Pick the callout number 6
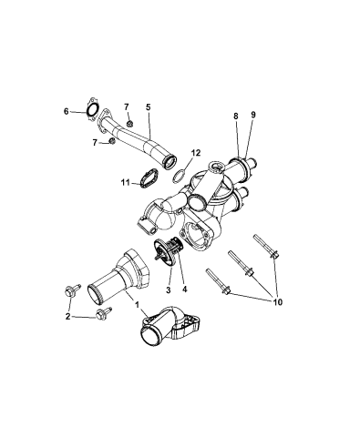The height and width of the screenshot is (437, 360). [67, 112]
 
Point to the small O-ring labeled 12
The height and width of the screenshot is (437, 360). [182, 172]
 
